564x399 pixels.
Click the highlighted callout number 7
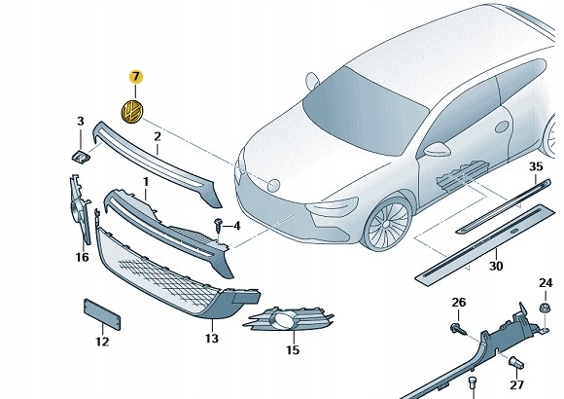135,77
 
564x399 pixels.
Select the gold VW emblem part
132,111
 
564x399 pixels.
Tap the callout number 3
81,122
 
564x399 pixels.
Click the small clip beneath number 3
80,157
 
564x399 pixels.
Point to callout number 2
158,137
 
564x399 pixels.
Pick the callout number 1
146,182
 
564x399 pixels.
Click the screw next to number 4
218,224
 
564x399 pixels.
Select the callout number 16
82,257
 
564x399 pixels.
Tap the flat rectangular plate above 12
102,314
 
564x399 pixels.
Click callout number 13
212,339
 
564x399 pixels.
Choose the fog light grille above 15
288,318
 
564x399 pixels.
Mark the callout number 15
293,349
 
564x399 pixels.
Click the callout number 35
536,166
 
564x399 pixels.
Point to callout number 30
496,266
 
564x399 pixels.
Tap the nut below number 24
544,308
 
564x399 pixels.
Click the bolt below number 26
458,328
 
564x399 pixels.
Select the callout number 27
517,385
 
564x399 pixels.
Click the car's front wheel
387,223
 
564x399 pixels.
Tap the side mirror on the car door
437,149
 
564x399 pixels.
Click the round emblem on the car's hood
273,185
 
